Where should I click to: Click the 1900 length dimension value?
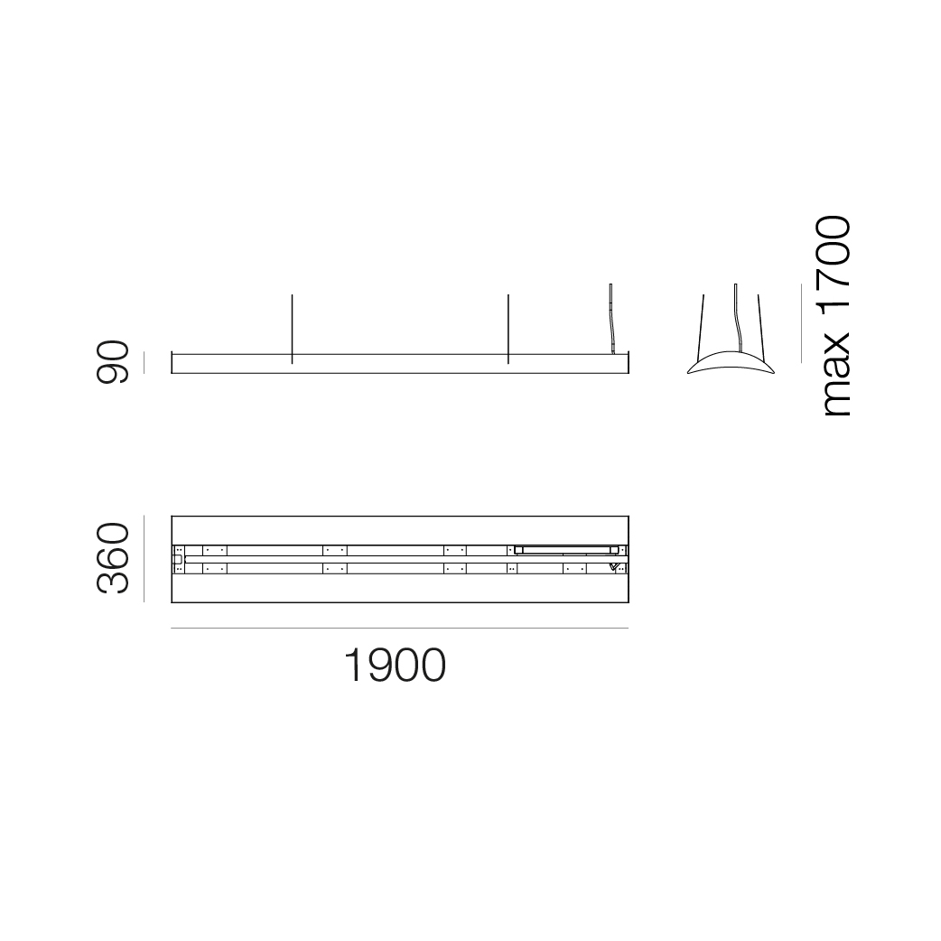[395, 665]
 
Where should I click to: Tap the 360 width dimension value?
[113, 558]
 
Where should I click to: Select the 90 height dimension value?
[113, 362]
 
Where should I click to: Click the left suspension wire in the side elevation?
[292, 329]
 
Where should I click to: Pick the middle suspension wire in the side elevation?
[508, 329]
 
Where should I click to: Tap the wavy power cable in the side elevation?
[611, 319]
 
